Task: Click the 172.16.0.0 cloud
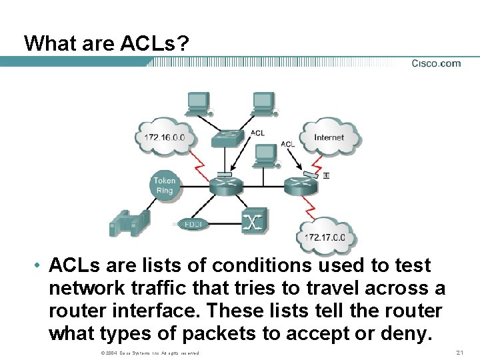169,138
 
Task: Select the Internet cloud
329,138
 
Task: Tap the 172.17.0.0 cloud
325,237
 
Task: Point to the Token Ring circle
165,185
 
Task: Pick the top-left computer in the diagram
199,103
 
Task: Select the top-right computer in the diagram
263,103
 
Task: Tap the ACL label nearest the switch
257,133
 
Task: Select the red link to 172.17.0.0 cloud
309,207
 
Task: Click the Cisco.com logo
436,63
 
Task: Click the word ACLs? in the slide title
155,43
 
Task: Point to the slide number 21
458,352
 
